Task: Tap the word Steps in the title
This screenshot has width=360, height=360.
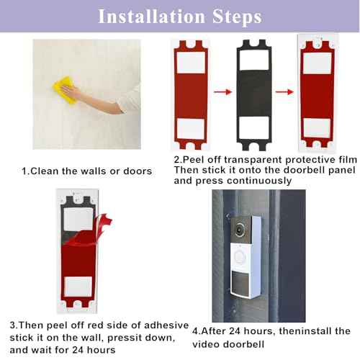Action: [x=233, y=16]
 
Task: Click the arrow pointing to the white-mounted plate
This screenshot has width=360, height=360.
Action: [x=287, y=91]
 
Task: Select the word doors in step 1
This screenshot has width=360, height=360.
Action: [x=137, y=171]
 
